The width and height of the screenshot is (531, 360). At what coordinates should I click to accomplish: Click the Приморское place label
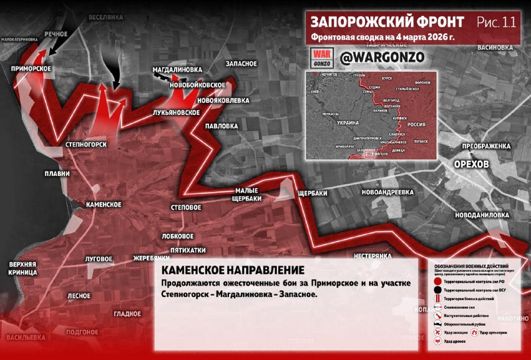coord(31,68)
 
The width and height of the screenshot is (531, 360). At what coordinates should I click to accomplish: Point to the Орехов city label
coord(471,164)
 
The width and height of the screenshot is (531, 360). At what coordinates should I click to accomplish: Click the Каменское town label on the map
coord(103,205)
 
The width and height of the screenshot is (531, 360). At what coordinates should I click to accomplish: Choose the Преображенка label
coord(487,145)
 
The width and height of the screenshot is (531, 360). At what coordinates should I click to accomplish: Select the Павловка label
coord(221,126)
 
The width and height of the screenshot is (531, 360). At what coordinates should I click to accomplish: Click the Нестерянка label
coord(377,256)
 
